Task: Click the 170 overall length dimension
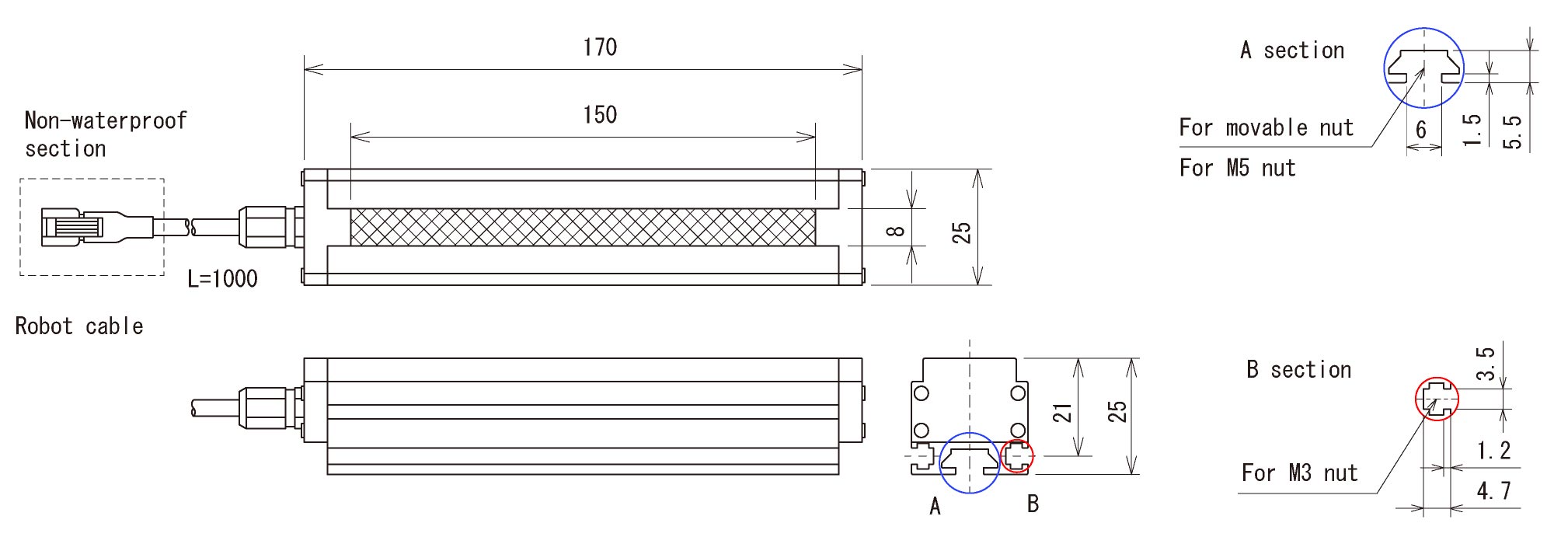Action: pos(600,47)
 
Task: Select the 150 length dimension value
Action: pos(600,115)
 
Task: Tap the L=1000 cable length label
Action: pos(222,278)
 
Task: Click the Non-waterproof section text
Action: pos(105,134)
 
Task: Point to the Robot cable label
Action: pos(79,326)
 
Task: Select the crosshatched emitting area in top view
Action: pos(583,227)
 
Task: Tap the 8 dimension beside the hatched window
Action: pos(895,231)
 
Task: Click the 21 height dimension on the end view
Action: pos(1062,413)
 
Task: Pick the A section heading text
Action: pos(1292,51)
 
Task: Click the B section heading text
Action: pos(1298,370)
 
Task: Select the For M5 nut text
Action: pos(1237,168)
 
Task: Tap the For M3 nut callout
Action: pos(1299,473)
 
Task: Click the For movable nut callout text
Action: pos(1266,127)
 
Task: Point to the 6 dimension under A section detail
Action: pos(1421,129)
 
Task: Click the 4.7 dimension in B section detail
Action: pos(1493,491)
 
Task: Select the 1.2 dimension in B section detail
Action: pos(1493,451)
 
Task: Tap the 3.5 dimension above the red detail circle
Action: pos(1485,364)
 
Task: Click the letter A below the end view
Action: pos(936,507)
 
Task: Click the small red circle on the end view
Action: pos(1016,455)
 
